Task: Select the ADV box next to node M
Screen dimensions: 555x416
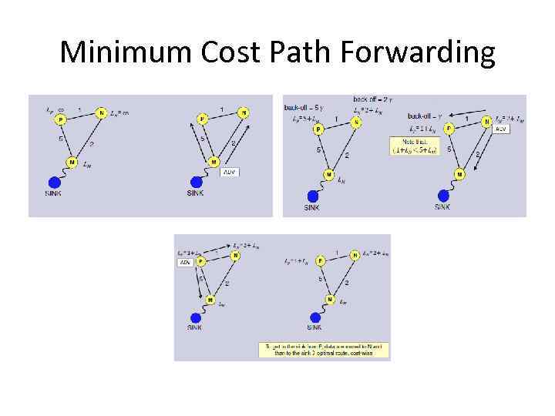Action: coord(229,172)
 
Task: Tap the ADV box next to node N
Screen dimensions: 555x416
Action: coord(500,129)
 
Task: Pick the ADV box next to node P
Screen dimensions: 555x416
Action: coord(185,263)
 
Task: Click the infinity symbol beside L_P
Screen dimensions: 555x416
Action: coord(61,109)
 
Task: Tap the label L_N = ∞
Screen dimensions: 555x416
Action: coord(119,112)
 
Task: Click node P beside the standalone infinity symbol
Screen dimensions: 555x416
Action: coord(60,119)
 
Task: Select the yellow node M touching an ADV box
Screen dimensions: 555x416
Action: coord(214,162)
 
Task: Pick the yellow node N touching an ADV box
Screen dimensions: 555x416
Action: coord(486,121)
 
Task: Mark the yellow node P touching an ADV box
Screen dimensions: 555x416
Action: coord(200,261)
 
